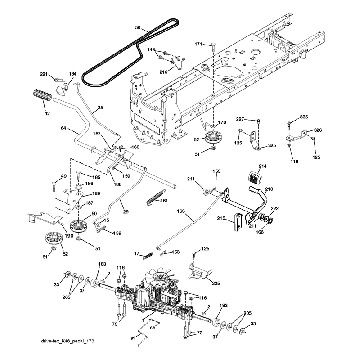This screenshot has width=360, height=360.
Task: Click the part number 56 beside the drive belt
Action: (138, 27)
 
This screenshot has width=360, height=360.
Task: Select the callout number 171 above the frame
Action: (198, 44)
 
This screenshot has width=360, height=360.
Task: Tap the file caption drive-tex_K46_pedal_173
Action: (68, 341)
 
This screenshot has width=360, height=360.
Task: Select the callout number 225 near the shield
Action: (216, 283)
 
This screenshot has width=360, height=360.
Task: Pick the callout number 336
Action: (304, 117)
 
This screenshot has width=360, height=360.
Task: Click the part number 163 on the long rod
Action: (181, 211)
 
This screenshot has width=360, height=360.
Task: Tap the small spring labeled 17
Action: (148, 256)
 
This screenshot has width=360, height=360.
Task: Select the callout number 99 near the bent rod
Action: (133, 338)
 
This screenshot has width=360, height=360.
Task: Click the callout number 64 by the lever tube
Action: (63, 128)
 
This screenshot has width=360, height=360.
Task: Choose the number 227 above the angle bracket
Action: (240, 119)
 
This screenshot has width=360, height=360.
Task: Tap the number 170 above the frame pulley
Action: (222, 122)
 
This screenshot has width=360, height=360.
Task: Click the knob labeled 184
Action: (62, 89)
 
